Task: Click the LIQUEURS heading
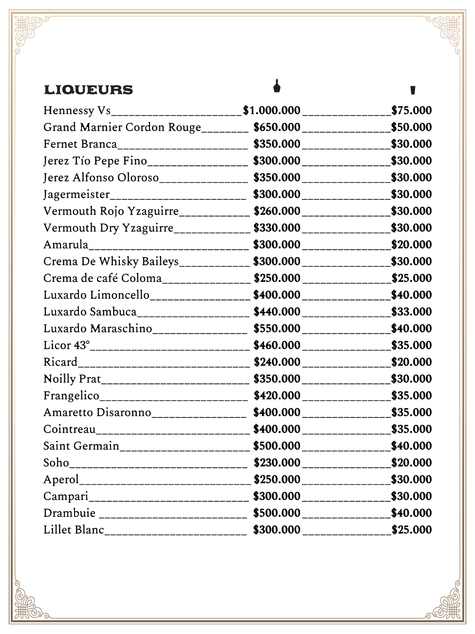coord(88,90)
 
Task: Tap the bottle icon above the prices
coord(277,86)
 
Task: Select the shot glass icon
coord(413,90)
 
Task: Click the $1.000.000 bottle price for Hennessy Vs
coord(271,111)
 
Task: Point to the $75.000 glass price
coord(412,111)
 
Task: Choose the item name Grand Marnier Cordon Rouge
coord(122,127)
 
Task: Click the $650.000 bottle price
coord(277,127)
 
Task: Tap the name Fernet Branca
coord(80,144)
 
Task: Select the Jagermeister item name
coord(76,195)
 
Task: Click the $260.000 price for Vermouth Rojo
coord(277,211)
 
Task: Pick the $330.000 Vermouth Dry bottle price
coord(277,228)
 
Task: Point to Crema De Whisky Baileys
coord(111,261)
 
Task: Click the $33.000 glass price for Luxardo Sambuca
coord(412,312)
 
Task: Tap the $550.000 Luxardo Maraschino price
coord(277,329)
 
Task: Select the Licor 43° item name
coord(66,345)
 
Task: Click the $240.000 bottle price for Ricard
coord(277,362)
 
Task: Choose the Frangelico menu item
coord(71,396)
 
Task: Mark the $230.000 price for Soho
coord(277,463)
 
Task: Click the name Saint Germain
coord(81,446)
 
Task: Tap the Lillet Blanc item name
coord(74,530)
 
